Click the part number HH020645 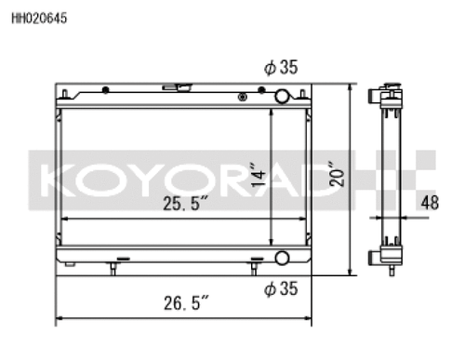39,16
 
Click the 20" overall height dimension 336,176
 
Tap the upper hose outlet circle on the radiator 281,95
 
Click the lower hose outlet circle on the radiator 281,259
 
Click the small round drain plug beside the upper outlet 243,94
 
